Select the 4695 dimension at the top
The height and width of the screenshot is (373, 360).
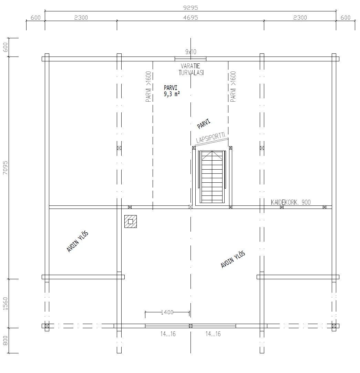tap(190, 18)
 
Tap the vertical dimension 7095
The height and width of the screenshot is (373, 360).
tap(5, 168)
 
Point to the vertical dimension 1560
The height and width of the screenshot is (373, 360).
tap(5, 303)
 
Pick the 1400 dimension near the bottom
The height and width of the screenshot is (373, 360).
tap(167, 312)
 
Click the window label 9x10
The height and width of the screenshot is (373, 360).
tap(190, 52)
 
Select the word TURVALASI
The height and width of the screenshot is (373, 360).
tap(191, 72)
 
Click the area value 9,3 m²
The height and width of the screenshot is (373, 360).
tap(172, 93)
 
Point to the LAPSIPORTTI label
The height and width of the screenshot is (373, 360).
tap(211, 137)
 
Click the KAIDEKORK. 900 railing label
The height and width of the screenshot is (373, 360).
tap(291, 202)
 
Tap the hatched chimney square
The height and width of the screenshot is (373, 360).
tap(131, 221)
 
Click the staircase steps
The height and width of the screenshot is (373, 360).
tap(212, 177)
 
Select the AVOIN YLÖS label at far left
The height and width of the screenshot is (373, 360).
tap(78, 242)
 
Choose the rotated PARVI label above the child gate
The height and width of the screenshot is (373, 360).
tap(204, 124)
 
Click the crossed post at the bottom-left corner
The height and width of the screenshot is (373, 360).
tap(47, 326)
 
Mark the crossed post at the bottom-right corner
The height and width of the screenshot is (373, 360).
tap(334, 326)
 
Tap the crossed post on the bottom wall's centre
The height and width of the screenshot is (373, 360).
tap(191, 326)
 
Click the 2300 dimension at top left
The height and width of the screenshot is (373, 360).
tap(81, 18)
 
